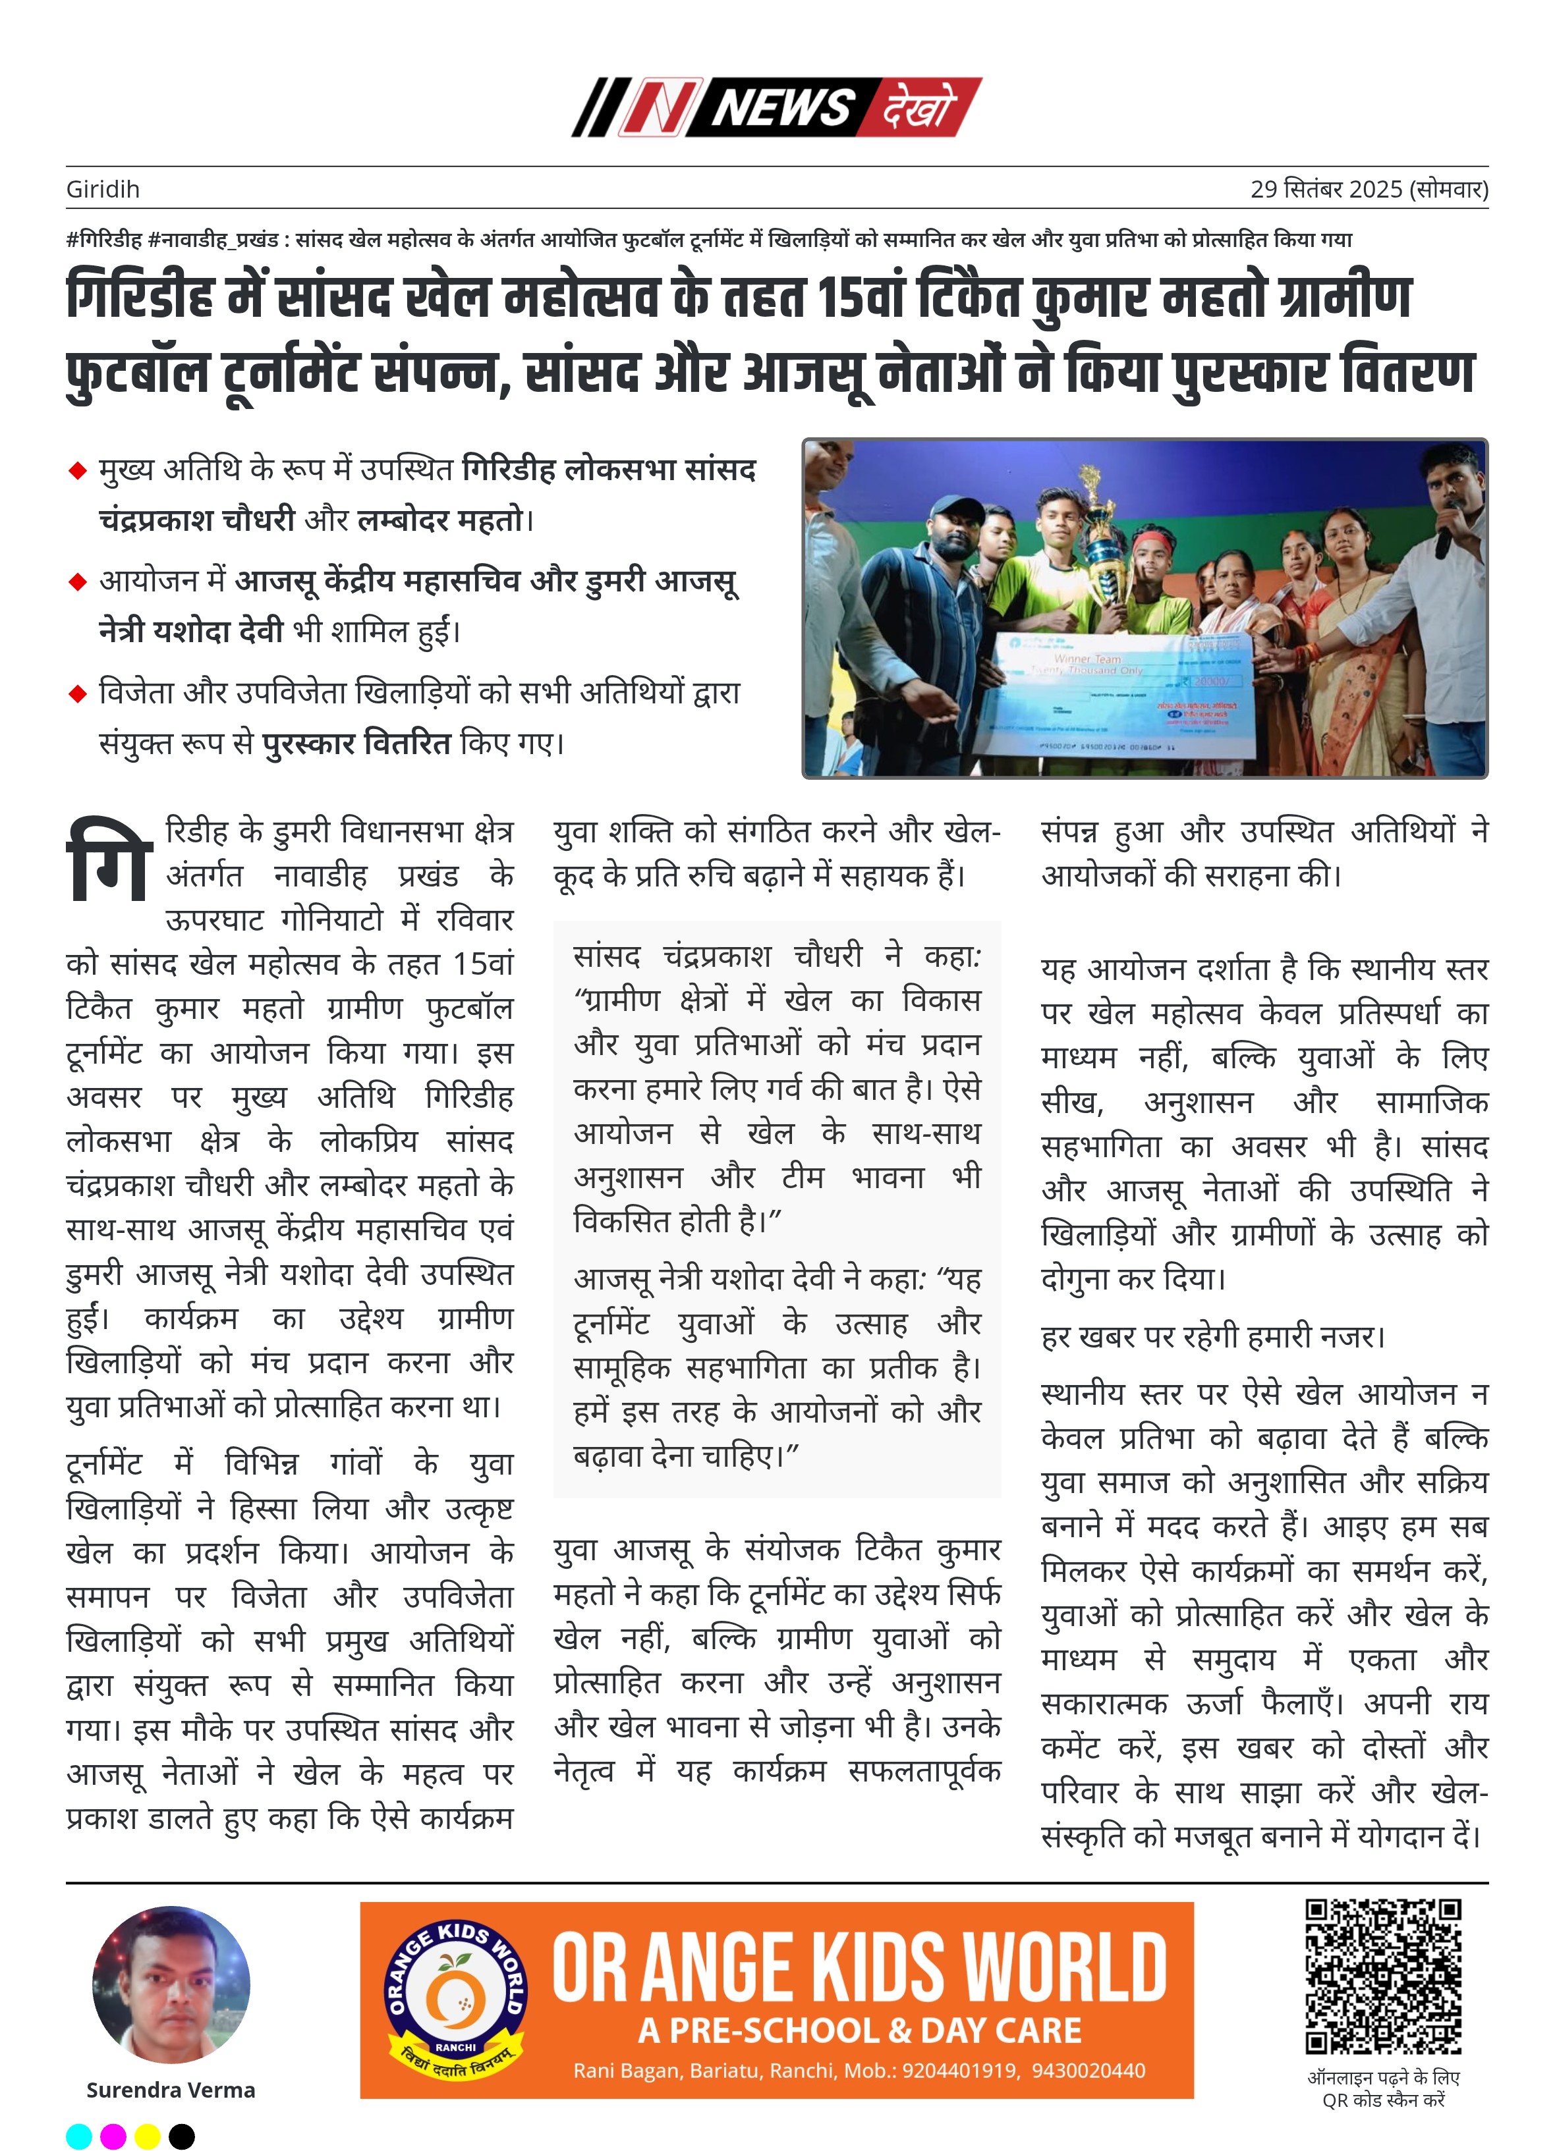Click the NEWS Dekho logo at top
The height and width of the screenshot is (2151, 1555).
point(776,107)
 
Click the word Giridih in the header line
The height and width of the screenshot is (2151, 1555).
point(103,190)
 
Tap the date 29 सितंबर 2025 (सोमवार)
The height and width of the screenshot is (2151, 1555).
point(1368,190)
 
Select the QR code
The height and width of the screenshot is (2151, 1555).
point(1382,1976)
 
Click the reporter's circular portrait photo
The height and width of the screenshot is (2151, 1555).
point(171,1985)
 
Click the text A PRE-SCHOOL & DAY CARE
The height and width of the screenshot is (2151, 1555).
point(860,2030)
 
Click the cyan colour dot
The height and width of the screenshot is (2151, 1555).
point(80,2137)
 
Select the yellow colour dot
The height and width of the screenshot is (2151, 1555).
point(147,2137)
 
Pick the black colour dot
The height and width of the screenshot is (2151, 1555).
point(181,2137)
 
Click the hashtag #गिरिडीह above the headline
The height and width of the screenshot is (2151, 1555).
point(104,240)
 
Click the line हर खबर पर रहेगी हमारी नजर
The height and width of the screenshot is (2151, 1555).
point(1212,1336)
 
